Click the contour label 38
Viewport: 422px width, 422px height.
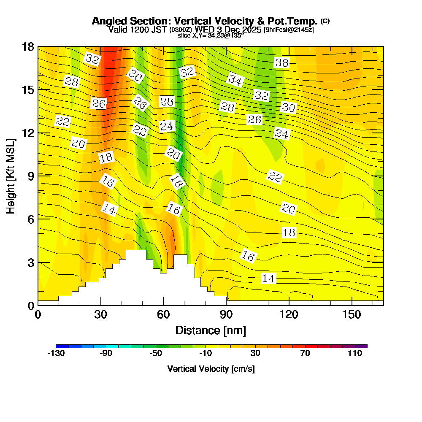coord(281,63)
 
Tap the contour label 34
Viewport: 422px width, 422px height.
coord(236,79)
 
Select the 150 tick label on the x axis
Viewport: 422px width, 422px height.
coord(352,315)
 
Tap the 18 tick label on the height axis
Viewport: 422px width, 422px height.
coord(27,46)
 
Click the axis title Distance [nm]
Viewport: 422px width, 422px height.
coord(211,330)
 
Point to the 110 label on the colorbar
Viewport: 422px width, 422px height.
coord(355,354)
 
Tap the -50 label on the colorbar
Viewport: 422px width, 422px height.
coord(156,354)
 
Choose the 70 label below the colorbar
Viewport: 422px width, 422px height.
coord(305,354)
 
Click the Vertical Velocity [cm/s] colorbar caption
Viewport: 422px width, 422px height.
coord(211,369)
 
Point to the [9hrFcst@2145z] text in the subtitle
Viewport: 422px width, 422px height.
coord(289,30)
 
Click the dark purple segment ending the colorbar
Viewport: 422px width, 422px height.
coord(364,346)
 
